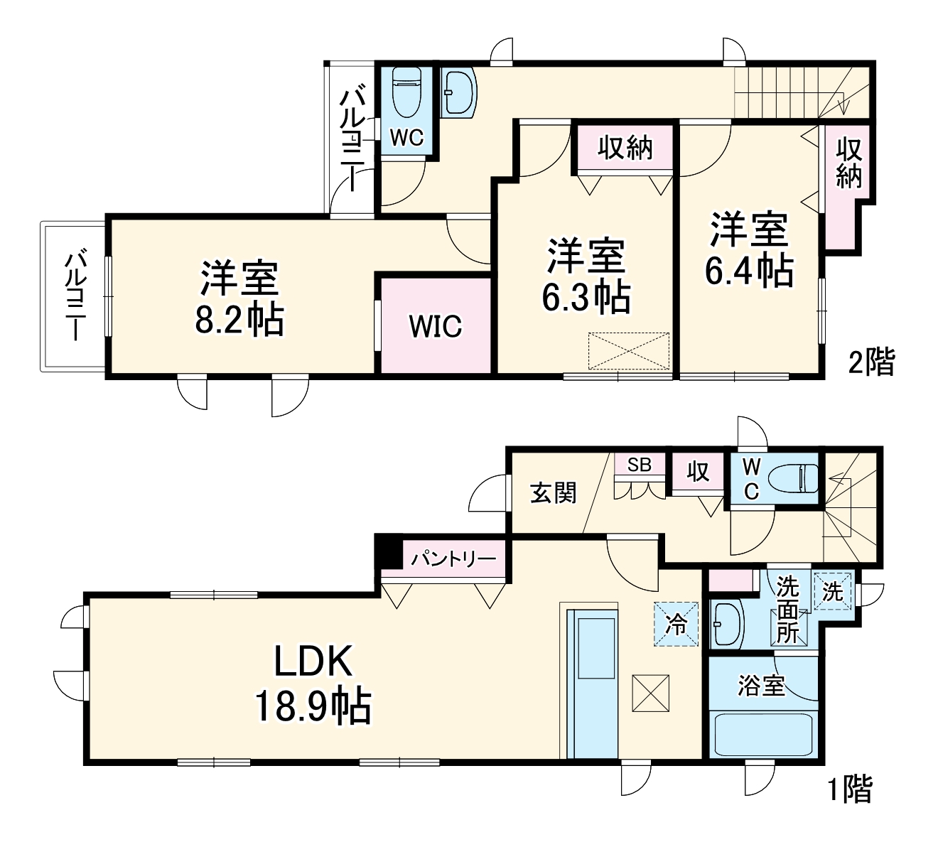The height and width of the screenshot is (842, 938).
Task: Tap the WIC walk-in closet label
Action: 435,326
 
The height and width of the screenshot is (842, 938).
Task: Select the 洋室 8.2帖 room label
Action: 239,298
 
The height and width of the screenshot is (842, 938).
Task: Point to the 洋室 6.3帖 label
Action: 586,277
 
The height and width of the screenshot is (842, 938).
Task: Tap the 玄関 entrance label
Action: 554,492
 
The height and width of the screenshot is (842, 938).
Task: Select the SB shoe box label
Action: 639,465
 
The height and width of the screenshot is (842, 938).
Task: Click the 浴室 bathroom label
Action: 761,686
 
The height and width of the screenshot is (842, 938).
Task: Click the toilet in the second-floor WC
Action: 407,92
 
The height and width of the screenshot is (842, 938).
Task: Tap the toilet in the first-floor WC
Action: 797,478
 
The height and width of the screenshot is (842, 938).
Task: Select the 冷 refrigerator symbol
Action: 676,625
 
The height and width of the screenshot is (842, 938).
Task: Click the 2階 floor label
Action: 871,362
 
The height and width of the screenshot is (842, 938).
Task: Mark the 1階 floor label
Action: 850,789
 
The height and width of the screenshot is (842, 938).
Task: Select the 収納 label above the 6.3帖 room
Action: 625,148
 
